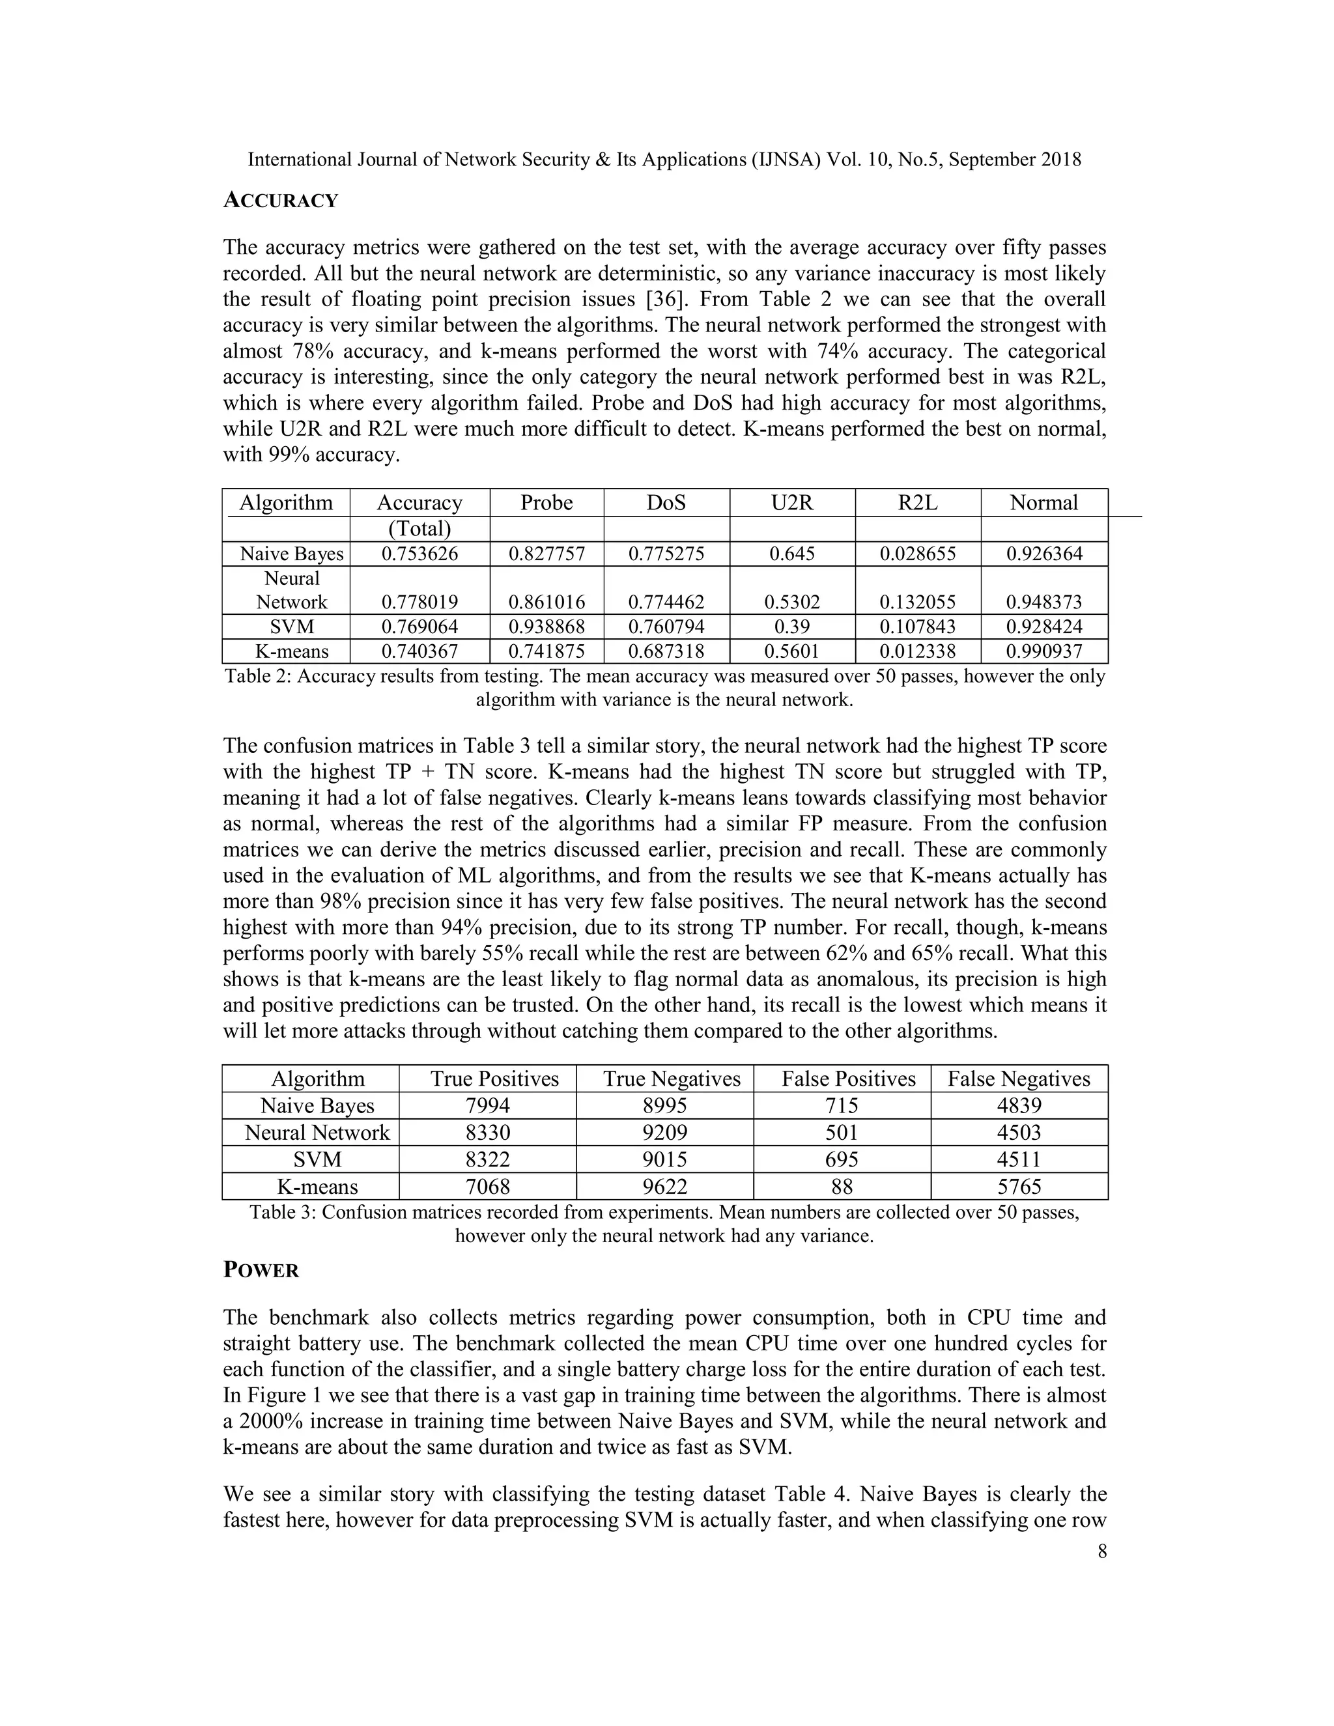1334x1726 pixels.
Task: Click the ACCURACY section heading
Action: (x=281, y=201)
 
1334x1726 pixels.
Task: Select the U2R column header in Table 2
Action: (x=792, y=503)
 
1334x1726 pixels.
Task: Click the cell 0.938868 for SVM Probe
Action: (x=547, y=627)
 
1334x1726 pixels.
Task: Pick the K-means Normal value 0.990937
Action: (x=1044, y=652)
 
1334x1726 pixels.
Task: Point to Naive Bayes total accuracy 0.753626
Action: (x=419, y=554)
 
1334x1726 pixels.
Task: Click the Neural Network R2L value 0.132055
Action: (x=918, y=602)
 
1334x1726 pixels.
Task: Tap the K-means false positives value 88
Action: (x=842, y=1186)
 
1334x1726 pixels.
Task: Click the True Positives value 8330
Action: (x=489, y=1133)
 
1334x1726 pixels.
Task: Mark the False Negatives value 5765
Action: (x=1019, y=1186)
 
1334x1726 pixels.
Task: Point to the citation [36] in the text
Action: (x=664, y=300)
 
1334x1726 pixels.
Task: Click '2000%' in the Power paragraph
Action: (x=270, y=1421)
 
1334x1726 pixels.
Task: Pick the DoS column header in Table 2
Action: (x=666, y=503)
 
